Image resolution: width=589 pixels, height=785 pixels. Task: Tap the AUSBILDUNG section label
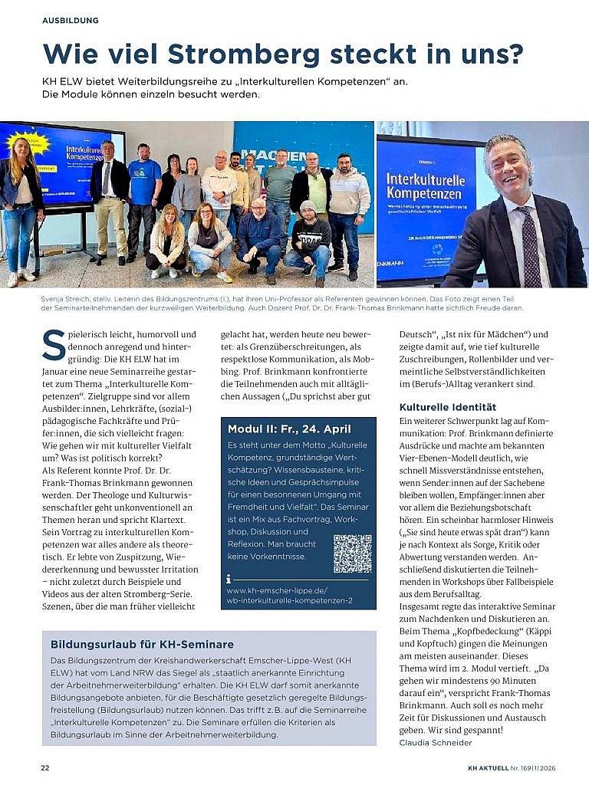coord(71,20)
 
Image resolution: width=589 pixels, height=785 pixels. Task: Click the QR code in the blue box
coord(352,553)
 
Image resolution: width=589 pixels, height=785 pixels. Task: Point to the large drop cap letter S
coord(54,345)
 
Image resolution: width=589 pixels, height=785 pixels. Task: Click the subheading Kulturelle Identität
coord(448,407)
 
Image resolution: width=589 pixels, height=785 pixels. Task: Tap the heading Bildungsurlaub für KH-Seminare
coord(142,644)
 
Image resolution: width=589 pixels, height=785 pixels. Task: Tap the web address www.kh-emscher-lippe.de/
coord(277,590)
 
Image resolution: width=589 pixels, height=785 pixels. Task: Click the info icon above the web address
coord(229,579)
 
